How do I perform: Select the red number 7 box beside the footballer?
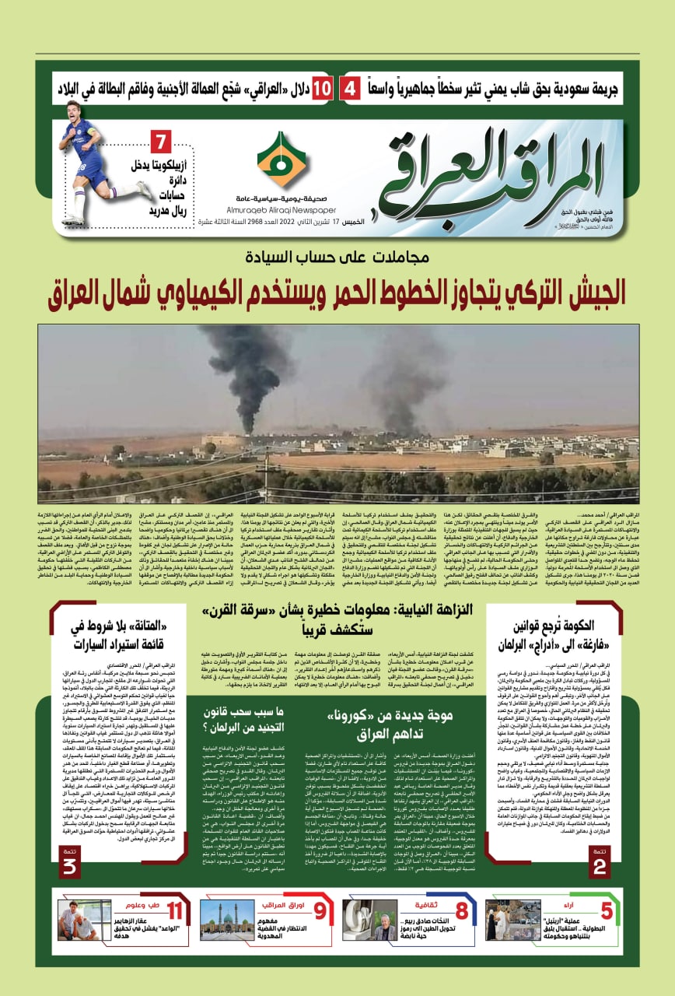pyautogui.click(x=161, y=144)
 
